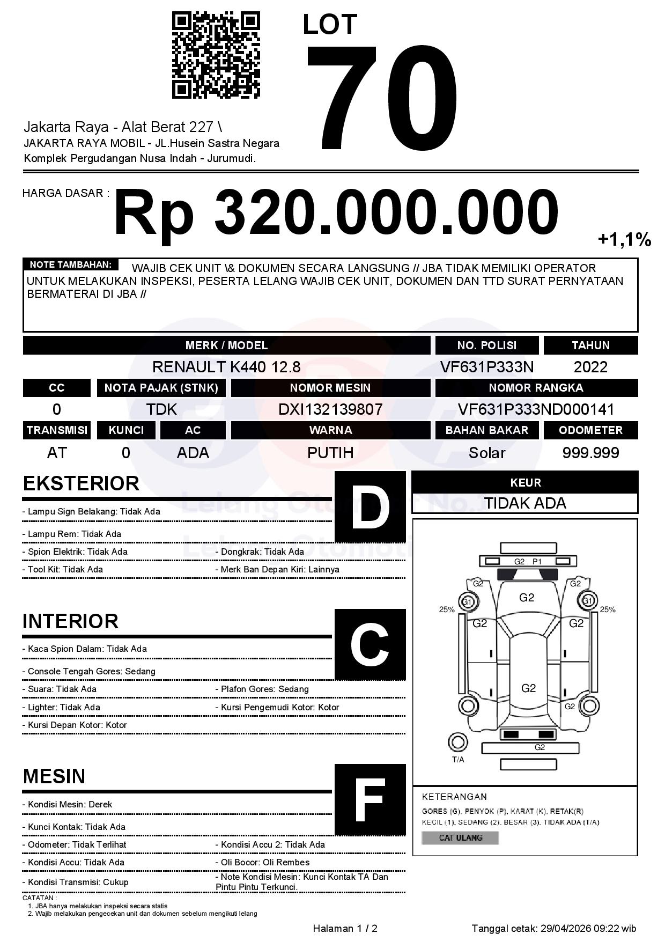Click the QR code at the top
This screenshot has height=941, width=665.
(216, 55)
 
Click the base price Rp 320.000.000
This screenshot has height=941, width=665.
(336, 213)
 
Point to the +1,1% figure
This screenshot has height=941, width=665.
(624, 239)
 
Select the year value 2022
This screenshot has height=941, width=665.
(590, 367)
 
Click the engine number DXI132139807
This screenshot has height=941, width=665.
(330, 409)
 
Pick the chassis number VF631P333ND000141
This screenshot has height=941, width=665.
(536, 409)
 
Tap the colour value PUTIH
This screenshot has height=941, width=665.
(330, 453)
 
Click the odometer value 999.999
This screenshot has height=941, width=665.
(590, 453)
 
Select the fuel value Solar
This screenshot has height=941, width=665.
(487, 453)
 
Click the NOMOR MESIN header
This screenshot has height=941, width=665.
(330, 388)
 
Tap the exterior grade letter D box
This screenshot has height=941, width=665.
(370, 507)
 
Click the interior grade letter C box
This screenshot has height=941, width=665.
(370, 644)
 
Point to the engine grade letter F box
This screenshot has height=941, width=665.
(370, 800)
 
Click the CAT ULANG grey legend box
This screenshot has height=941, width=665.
(460, 837)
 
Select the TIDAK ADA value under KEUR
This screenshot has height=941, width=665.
(525, 503)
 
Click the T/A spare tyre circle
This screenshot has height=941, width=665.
(457, 742)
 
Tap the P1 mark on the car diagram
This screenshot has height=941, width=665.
(537, 562)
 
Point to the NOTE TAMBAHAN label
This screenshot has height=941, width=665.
(70, 264)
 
